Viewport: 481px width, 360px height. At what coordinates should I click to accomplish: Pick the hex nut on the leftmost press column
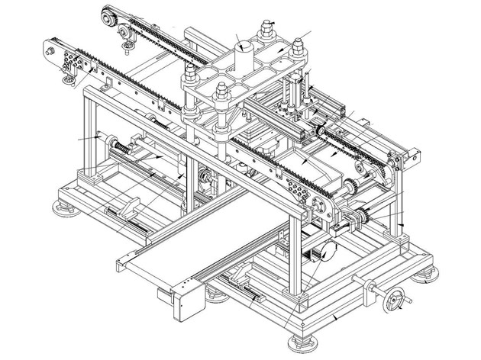coord(189,76)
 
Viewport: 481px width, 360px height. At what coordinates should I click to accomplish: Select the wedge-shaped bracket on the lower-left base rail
coord(128,207)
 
